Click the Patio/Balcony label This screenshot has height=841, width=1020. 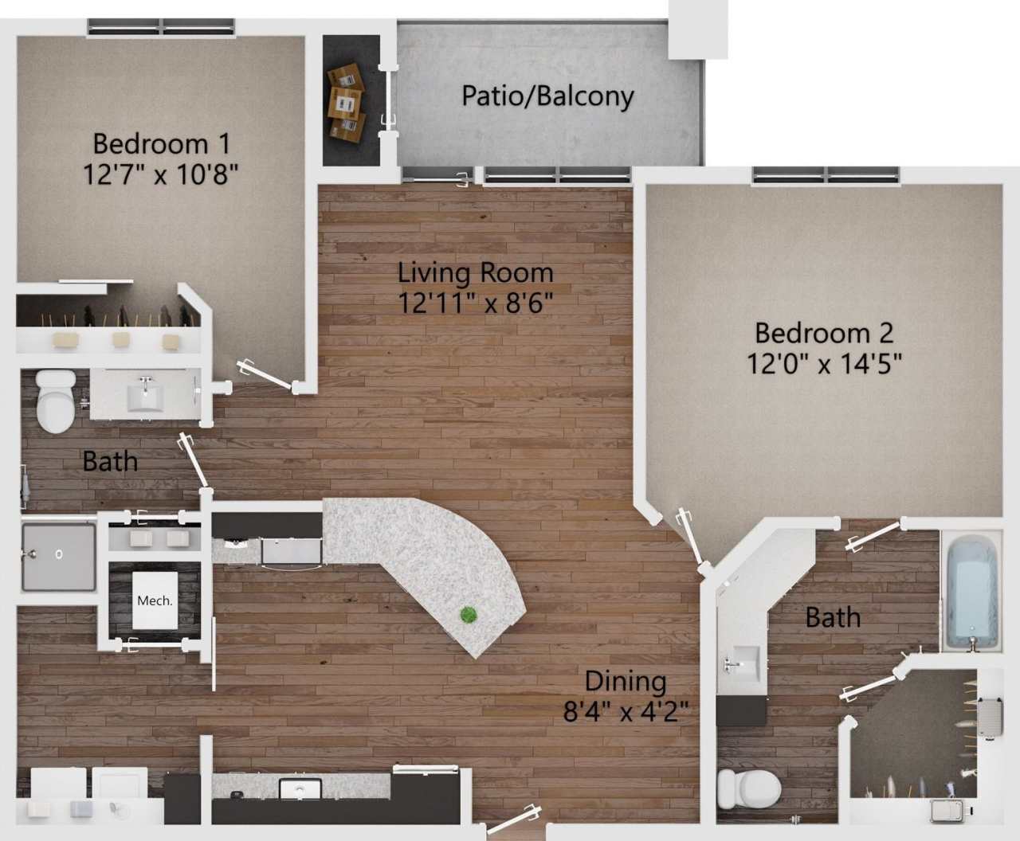click(x=548, y=96)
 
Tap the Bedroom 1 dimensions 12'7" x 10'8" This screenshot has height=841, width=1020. click(x=161, y=174)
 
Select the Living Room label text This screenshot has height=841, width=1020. click(x=476, y=272)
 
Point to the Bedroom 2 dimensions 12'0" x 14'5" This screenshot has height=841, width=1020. click(x=824, y=364)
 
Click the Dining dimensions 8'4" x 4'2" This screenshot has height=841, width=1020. click(x=626, y=710)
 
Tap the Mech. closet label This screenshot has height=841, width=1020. click(x=155, y=600)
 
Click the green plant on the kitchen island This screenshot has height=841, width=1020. click(x=469, y=614)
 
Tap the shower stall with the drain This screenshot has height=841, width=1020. click(x=58, y=556)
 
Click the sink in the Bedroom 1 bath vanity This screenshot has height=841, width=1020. click(x=146, y=394)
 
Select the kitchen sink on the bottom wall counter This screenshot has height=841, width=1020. click(x=300, y=789)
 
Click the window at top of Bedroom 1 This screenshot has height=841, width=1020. click(x=163, y=26)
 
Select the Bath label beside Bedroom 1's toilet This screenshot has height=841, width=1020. click(x=110, y=461)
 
